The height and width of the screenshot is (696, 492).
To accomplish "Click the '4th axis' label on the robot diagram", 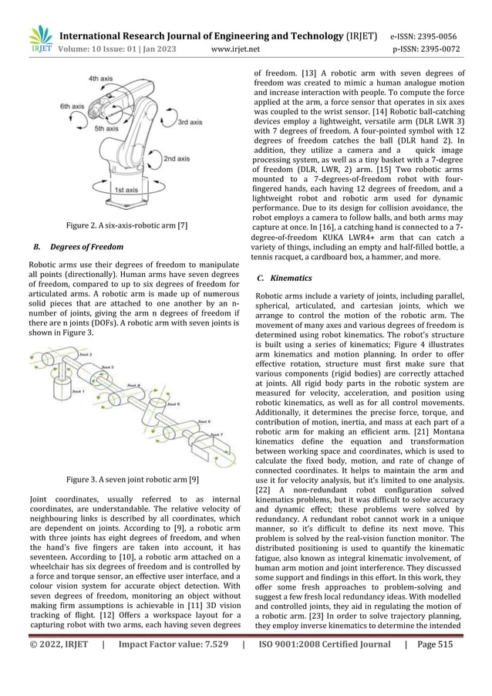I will pyautogui.click(x=103, y=79).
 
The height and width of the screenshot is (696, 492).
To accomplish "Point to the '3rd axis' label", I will pyautogui.click(x=190, y=122).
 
